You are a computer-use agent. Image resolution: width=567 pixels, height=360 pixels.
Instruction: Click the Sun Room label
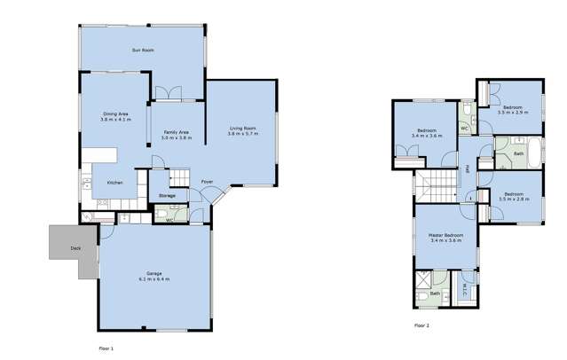pyautogui.click(x=143, y=51)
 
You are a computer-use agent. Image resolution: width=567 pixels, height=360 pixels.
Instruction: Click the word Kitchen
pyautogui.click(x=114, y=184)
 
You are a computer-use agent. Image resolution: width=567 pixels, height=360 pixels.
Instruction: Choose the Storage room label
pyautogui.click(x=167, y=195)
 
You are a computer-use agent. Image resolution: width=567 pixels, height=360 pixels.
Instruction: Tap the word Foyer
pyautogui.click(x=206, y=183)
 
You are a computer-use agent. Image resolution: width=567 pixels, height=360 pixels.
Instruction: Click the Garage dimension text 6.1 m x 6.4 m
pyautogui.click(x=154, y=278)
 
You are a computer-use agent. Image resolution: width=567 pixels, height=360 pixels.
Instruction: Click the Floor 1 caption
pyautogui.click(x=106, y=348)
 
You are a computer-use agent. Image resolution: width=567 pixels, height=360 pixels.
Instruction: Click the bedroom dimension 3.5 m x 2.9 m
pyautogui.click(x=513, y=113)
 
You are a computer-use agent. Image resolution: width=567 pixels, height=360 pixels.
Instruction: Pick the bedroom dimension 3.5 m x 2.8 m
pyautogui.click(x=514, y=200)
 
